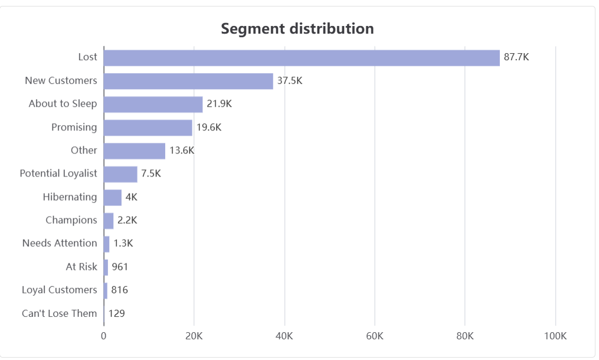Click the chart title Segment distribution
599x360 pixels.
pos(297,29)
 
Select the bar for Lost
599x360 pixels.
pos(302,58)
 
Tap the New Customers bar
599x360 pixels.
pos(188,81)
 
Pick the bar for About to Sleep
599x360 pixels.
pos(153,104)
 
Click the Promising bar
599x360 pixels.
pos(148,127)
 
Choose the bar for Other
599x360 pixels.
pos(135,151)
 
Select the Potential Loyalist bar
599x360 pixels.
pos(120,174)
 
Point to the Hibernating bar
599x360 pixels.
pos(113,198)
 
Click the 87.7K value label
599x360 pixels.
pos(516,57)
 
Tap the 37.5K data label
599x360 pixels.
pos(290,81)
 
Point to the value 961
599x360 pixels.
pos(120,267)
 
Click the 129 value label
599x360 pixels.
pos(116,313)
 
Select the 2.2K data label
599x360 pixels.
pos(127,220)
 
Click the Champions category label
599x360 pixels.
pos(71,220)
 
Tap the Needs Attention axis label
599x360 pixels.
pos(60,243)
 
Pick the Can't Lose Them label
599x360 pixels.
pos(59,313)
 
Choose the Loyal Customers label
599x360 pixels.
pos(59,290)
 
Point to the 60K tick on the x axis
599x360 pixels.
pos(375,336)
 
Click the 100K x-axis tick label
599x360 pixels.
pos(555,336)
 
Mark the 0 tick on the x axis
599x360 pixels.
pos(103,336)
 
